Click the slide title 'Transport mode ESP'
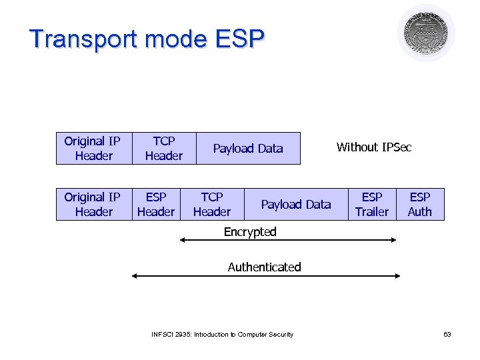click(147, 39)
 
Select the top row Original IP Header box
click(92, 148)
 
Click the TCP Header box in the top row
click(163, 148)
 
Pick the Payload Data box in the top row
click(248, 148)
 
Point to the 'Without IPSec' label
click(374, 147)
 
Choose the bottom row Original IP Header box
click(92, 204)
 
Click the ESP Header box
click(155, 204)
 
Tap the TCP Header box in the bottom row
click(211, 204)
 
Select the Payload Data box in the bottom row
click(295, 204)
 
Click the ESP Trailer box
click(371, 204)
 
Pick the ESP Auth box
click(420, 204)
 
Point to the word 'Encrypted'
click(250, 232)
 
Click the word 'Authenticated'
click(264, 267)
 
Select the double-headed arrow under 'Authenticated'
click(267, 275)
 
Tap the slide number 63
click(447, 334)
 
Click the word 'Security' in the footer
click(281, 334)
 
